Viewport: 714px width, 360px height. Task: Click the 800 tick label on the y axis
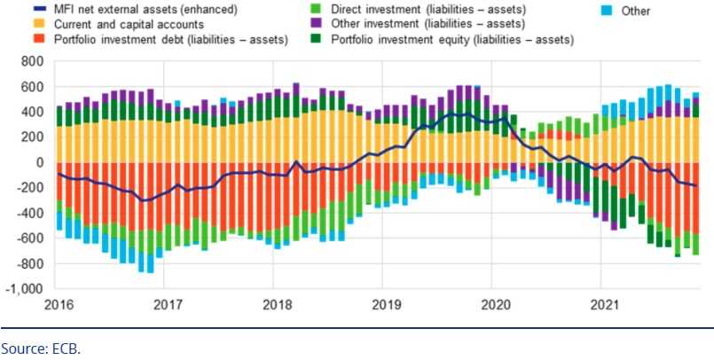(x=33, y=62)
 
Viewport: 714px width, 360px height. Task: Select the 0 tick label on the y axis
(x=39, y=163)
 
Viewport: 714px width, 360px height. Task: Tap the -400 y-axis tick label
(x=30, y=214)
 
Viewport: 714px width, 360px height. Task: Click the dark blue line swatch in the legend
(x=15, y=10)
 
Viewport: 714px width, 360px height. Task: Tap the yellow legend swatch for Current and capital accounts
(x=15, y=25)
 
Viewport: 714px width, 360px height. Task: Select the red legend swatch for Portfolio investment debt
(x=15, y=40)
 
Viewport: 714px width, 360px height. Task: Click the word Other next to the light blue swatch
(x=636, y=12)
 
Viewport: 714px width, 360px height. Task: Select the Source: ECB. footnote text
(x=41, y=348)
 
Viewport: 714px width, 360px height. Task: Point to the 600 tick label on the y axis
(x=33, y=88)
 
